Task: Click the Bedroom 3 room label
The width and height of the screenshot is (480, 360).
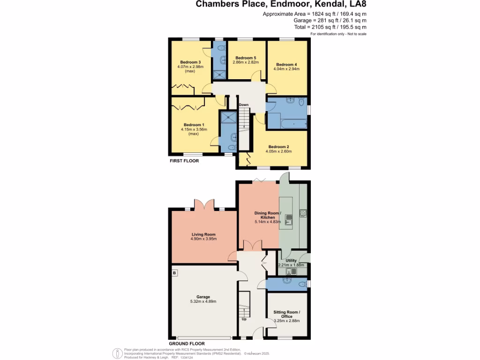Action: coord(190,62)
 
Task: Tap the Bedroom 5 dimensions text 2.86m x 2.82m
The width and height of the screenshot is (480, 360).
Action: coord(246,62)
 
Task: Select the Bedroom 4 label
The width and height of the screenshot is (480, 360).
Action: coord(286,64)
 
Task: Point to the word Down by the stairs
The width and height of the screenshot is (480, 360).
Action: coord(243,105)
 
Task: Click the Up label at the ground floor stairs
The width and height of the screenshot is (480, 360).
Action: coord(244,319)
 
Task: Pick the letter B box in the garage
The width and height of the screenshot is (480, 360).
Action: coord(174,272)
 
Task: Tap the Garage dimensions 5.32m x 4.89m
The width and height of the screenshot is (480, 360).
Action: coord(203,301)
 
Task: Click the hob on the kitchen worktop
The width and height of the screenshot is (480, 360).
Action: coord(303,213)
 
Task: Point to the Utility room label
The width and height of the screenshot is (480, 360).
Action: coord(291,260)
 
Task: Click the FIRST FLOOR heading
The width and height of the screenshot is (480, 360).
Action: coord(184,161)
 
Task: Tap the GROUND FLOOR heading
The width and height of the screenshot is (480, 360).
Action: coord(187,343)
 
